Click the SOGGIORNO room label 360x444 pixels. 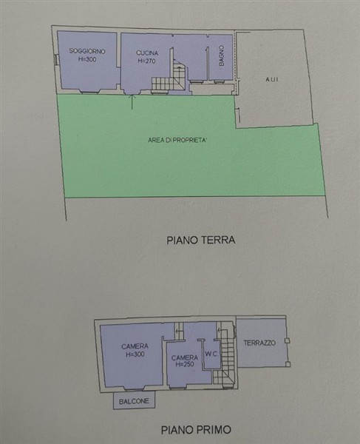click(87, 51)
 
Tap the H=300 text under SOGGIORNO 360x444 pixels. click(87, 59)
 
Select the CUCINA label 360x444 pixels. click(147, 53)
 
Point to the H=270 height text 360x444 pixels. click(146, 61)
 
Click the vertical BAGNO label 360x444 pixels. click(222, 55)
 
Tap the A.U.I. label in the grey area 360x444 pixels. click(272, 80)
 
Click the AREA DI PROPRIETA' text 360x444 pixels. click(176, 140)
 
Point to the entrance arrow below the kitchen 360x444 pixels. click(132, 102)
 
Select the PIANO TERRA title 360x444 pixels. click(201, 240)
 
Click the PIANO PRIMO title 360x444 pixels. click(196, 429)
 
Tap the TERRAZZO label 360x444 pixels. click(259, 343)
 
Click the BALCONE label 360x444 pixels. click(134, 401)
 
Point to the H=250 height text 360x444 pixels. click(185, 364)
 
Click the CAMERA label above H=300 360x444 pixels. click(135, 346)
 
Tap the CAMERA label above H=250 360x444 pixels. click(185, 357)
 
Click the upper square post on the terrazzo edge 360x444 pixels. click(288, 340)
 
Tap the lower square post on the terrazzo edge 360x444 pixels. click(288, 364)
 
